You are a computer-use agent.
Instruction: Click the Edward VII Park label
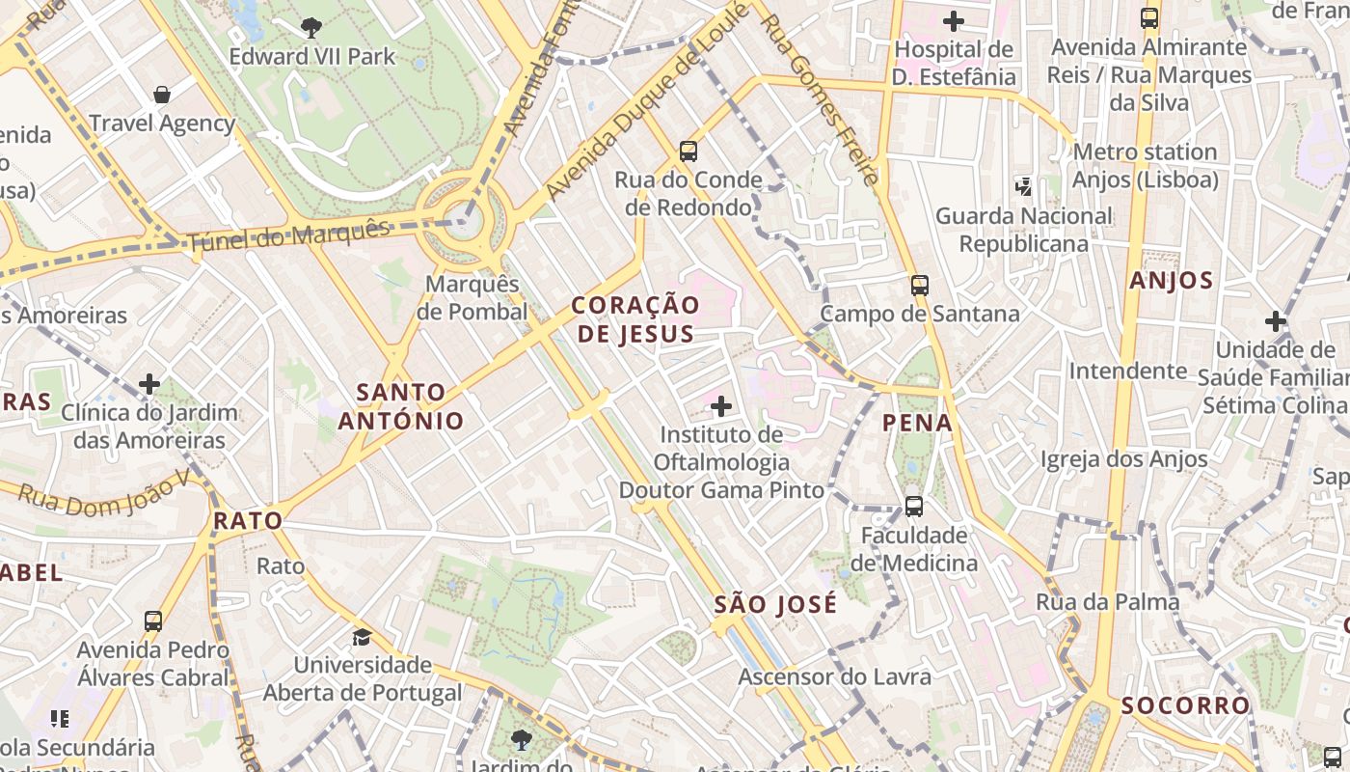pyautogui.click(x=312, y=57)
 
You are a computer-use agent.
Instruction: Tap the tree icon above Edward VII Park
pyautogui.click(x=311, y=27)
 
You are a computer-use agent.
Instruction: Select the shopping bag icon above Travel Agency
pyautogui.click(x=162, y=95)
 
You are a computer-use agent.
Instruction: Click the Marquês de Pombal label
pyautogui.click(x=472, y=298)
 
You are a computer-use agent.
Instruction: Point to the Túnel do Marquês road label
pyautogui.click(x=289, y=235)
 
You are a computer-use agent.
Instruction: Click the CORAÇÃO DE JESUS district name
pyautogui.click(x=635, y=319)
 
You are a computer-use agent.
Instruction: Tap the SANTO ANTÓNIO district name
pyautogui.click(x=400, y=406)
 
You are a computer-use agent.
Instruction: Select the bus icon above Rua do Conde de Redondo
pyautogui.click(x=688, y=151)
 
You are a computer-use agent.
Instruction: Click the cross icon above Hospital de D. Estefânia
pyautogui.click(x=954, y=20)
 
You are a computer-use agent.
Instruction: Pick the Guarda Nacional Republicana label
pyautogui.click(x=1024, y=230)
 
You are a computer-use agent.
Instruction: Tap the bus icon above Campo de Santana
pyautogui.click(x=919, y=285)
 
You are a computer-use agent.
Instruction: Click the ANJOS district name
pyautogui.click(x=1171, y=281)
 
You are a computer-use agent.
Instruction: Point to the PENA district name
pyautogui.click(x=917, y=423)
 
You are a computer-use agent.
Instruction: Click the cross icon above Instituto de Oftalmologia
pyautogui.click(x=720, y=406)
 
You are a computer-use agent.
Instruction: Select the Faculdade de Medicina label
pyautogui.click(x=914, y=549)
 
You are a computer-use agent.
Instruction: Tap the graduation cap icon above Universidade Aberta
pyautogui.click(x=362, y=637)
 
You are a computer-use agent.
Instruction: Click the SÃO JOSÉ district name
pyautogui.click(x=775, y=605)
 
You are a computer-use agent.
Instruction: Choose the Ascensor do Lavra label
pyautogui.click(x=834, y=676)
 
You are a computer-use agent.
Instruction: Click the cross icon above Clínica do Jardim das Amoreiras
pyautogui.click(x=148, y=384)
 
